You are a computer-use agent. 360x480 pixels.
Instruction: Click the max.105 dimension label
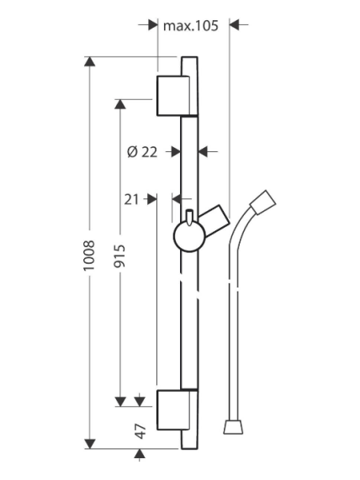pyautogui.click(x=191, y=26)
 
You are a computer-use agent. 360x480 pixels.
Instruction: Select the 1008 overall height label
pyautogui.click(x=89, y=256)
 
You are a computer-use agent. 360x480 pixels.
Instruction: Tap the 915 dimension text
pyautogui.click(x=119, y=256)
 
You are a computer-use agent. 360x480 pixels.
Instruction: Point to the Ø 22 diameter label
pyautogui.click(x=142, y=152)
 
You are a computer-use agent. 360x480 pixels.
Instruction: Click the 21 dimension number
pyautogui.click(x=131, y=200)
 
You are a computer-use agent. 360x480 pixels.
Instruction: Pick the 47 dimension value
pyautogui.click(x=140, y=431)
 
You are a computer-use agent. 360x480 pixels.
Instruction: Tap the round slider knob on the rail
pyautogui.click(x=189, y=237)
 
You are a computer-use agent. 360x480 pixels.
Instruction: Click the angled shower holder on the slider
pyautogui.click(x=214, y=220)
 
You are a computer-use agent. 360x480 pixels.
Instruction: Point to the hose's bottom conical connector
pyautogui.click(x=234, y=427)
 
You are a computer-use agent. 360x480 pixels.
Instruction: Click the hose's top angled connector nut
pyautogui.click(x=263, y=203)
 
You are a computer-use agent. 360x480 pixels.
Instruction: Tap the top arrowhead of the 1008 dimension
pyautogui.click(x=89, y=61)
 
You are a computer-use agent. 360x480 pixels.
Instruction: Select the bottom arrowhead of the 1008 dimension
pyautogui.click(x=89, y=444)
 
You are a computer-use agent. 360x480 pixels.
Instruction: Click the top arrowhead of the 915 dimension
pyautogui.click(x=119, y=104)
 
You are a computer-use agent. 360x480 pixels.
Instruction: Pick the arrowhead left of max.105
pyautogui.click(x=153, y=24)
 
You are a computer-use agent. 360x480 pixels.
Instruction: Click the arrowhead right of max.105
pyautogui.click(x=234, y=24)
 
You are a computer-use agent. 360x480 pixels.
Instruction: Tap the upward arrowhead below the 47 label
pyautogui.click(x=140, y=454)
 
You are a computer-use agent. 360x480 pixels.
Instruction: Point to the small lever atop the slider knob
pyautogui.click(x=189, y=218)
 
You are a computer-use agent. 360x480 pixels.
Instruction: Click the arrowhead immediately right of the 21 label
pyautogui.click(x=152, y=199)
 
